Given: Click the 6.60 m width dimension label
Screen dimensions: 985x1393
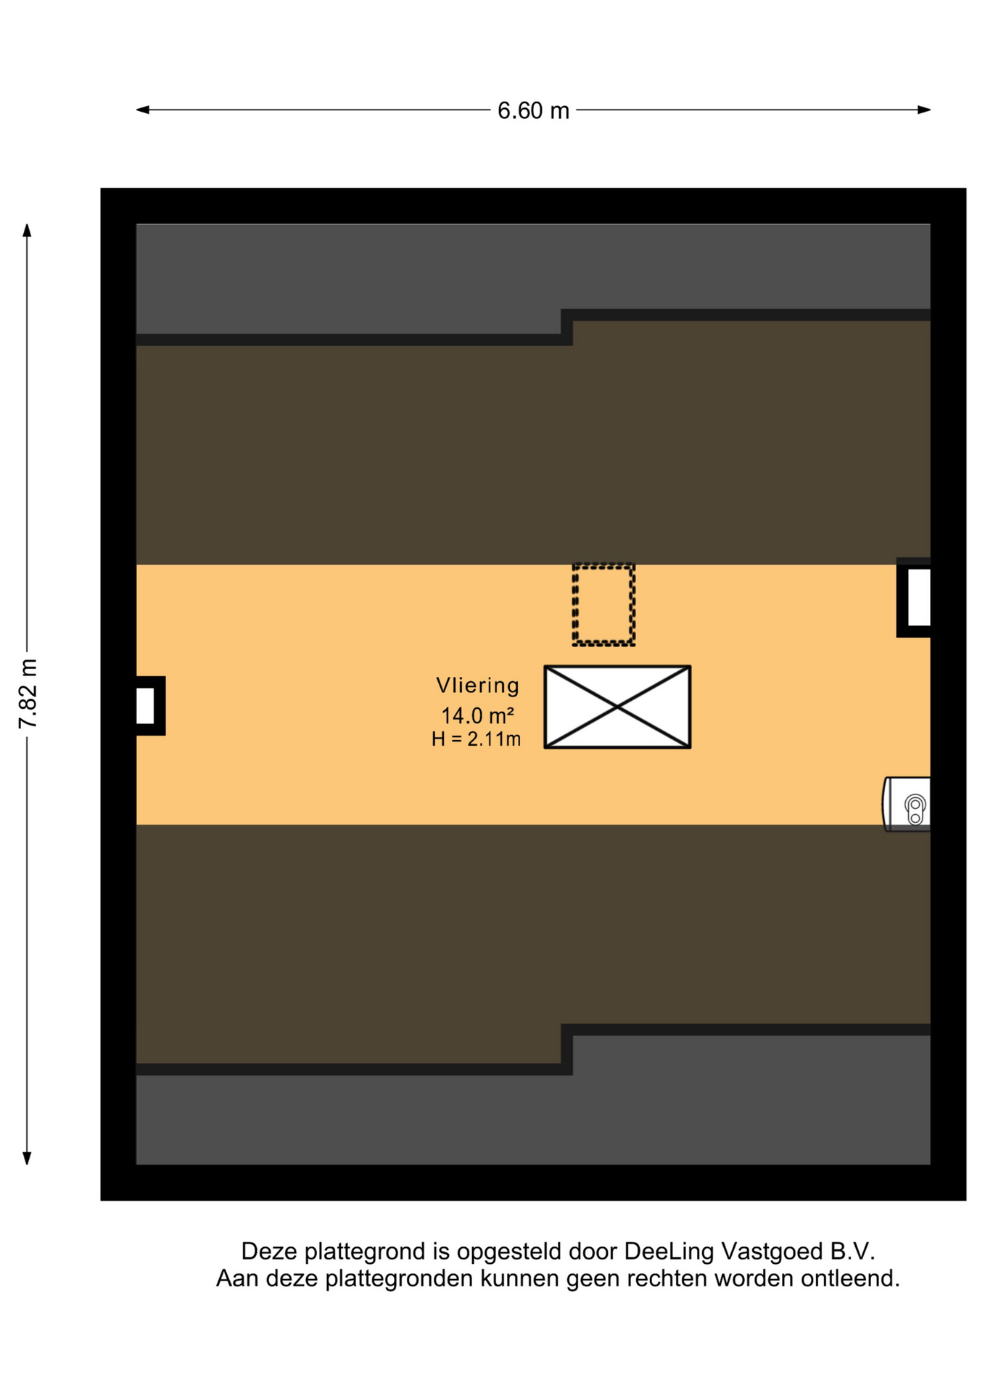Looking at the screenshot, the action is point(533,110).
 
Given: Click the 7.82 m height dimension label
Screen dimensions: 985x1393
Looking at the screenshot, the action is point(28,694).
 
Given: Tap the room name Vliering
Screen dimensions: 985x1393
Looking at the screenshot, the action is point(477,685).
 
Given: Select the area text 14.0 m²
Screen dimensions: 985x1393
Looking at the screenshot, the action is point(477,715).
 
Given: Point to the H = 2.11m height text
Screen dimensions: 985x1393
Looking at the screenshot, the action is point(476,739).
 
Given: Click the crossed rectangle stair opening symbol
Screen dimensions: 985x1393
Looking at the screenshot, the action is point(617,707).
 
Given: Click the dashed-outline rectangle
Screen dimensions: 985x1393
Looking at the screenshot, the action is point(603,604).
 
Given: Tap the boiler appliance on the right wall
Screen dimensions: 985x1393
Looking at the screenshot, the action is point(907,804).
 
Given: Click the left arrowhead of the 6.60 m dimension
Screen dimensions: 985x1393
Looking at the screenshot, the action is point(143,110).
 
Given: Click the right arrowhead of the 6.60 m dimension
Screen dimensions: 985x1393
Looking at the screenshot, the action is point(924,110).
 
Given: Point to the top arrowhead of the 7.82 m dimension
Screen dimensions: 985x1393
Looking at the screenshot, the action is point(27,231).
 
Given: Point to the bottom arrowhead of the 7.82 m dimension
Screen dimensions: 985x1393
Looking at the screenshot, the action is point(27,1158).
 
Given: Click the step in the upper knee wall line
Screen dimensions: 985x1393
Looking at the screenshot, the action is point(566,327).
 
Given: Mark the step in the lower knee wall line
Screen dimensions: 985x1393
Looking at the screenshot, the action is point(566,1049).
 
